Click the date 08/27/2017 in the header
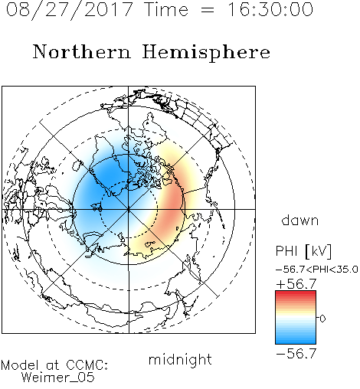click(x=69, y=10)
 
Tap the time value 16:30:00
click(x=270, y=9)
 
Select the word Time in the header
click(x=166, y=9)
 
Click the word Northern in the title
click(x=82, y=51)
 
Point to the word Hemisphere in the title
click(x=206, y=53)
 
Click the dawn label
click(x=300, y=220)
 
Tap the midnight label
click(x=180, y=360)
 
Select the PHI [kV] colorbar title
click(x=303, y=251)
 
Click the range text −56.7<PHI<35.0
click(x=317, y=270)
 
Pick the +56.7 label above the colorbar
click(x=296, y=284)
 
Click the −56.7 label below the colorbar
click(x=296, y=354)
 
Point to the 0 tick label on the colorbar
click(x=322, y=319)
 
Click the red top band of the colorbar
click(x=296, y=294)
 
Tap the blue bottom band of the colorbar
click(x=296, y=340)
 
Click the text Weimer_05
click(x=58, y=378)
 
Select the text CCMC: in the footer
click(x=87, y=365)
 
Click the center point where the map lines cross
click(x=129, y=209)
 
